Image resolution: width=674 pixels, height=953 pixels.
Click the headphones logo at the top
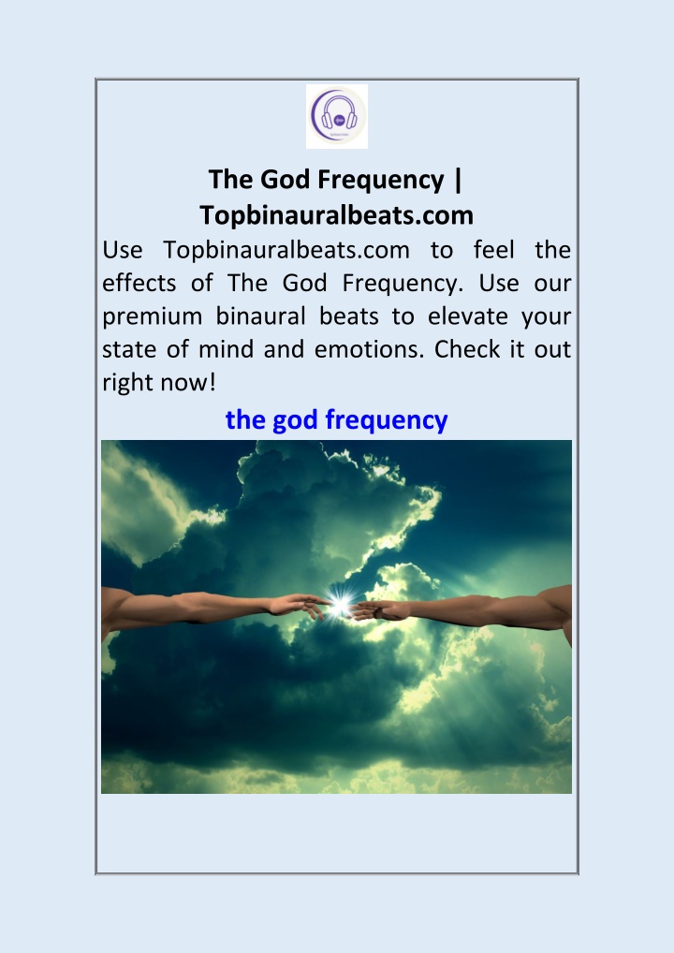click(x=337, y=117)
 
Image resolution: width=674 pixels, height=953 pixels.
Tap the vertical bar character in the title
click(x=458, y=180)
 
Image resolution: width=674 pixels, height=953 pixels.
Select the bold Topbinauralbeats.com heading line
click(x=337, y=215)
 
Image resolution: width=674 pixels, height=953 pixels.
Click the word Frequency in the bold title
click(x=381, y=181)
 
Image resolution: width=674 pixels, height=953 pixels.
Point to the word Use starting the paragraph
click(x=123, y=250)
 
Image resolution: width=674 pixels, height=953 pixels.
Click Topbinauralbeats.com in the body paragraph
click(x=286, y=250)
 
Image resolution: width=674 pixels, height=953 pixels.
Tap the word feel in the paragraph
click(x=493, y=249)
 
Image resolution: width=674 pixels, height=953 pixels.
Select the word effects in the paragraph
click(x=139, y=283)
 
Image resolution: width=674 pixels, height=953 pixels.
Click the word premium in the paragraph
click(x=152, y=317)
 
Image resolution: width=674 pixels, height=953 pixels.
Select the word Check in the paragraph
click(x=467, y=349)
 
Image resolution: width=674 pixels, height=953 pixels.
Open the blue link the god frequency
click(x=337, y=420)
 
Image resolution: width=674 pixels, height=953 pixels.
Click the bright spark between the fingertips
click(x=341, y=605)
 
